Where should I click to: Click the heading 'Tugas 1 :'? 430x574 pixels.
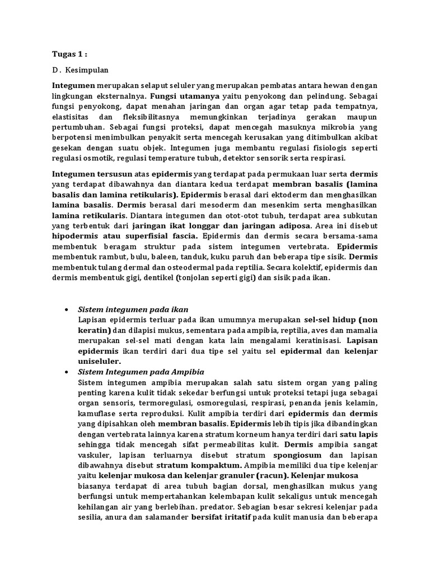coord(70,55)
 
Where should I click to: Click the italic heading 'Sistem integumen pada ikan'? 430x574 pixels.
coord(133,309)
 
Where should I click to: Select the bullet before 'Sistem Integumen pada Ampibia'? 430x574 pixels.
coord(67,372)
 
